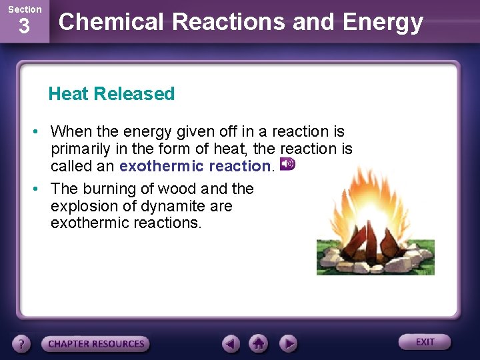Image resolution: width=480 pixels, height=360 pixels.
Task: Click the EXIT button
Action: (425, 342)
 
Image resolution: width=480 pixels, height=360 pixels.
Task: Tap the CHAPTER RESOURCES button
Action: (95, 344)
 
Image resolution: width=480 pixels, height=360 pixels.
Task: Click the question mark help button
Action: (22, 344)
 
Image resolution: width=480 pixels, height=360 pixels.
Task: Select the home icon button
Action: (259, 343)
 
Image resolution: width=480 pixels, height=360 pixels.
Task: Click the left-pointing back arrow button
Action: (231, 343)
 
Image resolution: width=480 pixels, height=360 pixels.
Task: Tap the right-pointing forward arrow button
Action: (287, 343)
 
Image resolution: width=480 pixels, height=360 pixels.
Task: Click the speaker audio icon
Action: (287, 164)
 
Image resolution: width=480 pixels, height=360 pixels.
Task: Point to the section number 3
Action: (24, 27)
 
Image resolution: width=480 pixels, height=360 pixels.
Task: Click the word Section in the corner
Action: (24, 9)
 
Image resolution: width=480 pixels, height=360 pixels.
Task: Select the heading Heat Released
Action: (111, 94)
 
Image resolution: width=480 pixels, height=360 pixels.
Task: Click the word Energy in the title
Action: (383, 22)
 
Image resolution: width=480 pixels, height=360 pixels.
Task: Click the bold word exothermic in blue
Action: (159, 166)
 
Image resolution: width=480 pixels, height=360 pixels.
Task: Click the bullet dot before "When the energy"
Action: (41, 131)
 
